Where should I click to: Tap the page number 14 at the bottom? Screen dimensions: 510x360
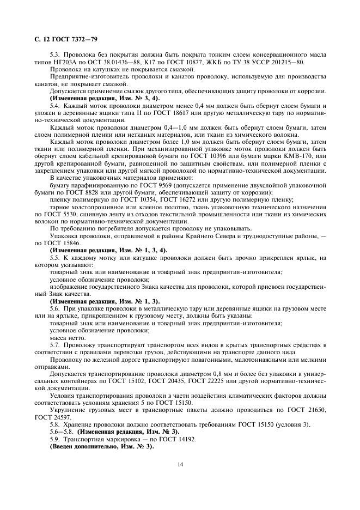pos(179,465)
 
